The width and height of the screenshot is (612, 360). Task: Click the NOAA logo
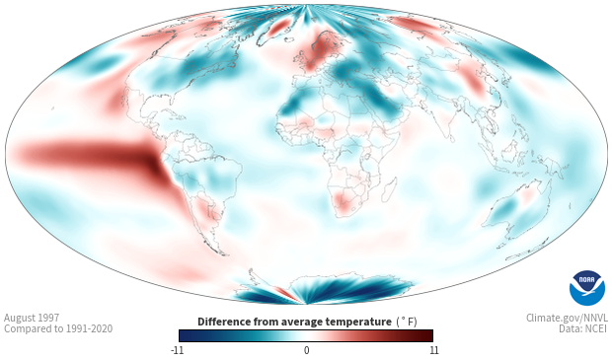tap(587, 288)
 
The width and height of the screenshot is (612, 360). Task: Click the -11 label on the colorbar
tap(178, 350)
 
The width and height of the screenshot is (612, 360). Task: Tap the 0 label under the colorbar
tap(306, 350)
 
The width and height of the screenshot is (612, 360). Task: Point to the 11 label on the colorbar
tap(433, 350)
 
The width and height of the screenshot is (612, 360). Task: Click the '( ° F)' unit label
tap(407, 323)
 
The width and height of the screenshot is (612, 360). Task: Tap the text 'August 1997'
tap(32, 318)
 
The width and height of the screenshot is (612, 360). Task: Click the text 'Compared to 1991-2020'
tap(58, 328)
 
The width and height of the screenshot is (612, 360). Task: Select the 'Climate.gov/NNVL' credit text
tap(567, 318)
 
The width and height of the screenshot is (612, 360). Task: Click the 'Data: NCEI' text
tap(583, 328)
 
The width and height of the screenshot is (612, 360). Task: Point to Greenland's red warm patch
tap(279, 28)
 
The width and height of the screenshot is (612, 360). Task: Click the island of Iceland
tap(289, 39)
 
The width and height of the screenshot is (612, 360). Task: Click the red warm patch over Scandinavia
tap(321, 48)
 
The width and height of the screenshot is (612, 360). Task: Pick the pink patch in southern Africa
tap(344, 201)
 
